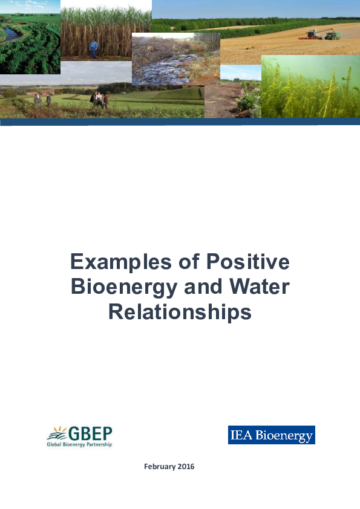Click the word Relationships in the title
click(180, 311)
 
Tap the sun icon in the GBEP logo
click(57, 433)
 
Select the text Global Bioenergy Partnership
click(79, 445)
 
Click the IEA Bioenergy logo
click(271, 435)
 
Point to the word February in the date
click(161, 467)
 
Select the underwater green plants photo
click(310, 88)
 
